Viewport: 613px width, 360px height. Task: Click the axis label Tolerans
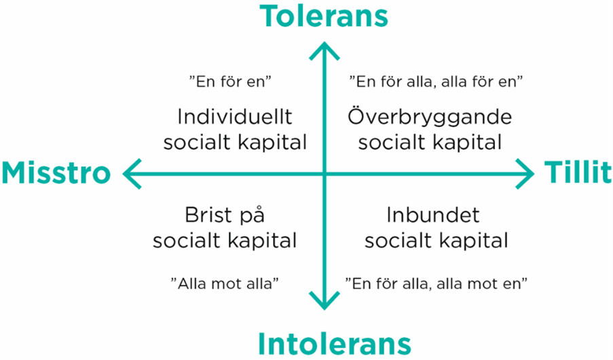(324, 16)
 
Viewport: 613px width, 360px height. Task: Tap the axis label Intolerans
(335, 344)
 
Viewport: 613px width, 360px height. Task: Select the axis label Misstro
(56, 173)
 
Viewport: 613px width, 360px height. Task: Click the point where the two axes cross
(324, 174)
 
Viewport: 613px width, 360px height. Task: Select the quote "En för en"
(230, 82)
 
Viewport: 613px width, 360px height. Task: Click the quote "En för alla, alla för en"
(436, 82)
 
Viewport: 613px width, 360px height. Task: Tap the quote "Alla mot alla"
(225, 283)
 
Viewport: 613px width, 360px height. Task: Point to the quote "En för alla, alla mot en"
(436, 283)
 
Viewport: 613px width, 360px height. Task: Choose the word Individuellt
(235, 117)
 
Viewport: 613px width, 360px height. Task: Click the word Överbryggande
(430, 117)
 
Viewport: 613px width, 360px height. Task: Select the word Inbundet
(433, 215)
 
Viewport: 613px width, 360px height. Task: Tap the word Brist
(208, 215)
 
